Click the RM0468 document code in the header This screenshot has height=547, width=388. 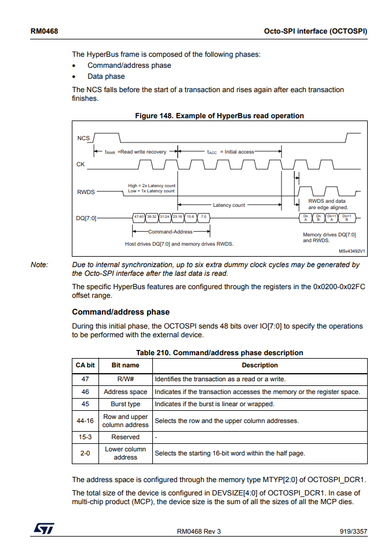[43, 30]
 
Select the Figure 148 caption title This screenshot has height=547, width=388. [219, 116]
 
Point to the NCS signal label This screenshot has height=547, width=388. [83, 138]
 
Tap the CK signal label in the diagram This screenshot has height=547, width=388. [80, 165]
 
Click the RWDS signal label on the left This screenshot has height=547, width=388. [85, 192]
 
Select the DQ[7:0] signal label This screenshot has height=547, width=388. [86, 218]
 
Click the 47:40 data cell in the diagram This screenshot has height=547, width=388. [139, 217]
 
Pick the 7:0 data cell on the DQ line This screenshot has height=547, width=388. [204, 217]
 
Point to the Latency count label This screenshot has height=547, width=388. [229, 205]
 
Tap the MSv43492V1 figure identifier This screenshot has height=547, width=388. [352, 251]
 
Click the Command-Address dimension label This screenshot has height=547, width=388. [171, 231]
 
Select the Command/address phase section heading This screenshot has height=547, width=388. [120, 312]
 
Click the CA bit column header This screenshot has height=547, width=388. [85, 366]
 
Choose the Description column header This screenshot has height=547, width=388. [259, 366]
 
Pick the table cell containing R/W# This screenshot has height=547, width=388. [125, 378]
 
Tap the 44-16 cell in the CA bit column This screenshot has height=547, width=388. [85, 421]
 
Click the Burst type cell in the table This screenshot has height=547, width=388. [125, 404]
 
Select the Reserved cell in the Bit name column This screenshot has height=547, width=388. [125, 437]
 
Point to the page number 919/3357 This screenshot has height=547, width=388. [353, 532]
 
